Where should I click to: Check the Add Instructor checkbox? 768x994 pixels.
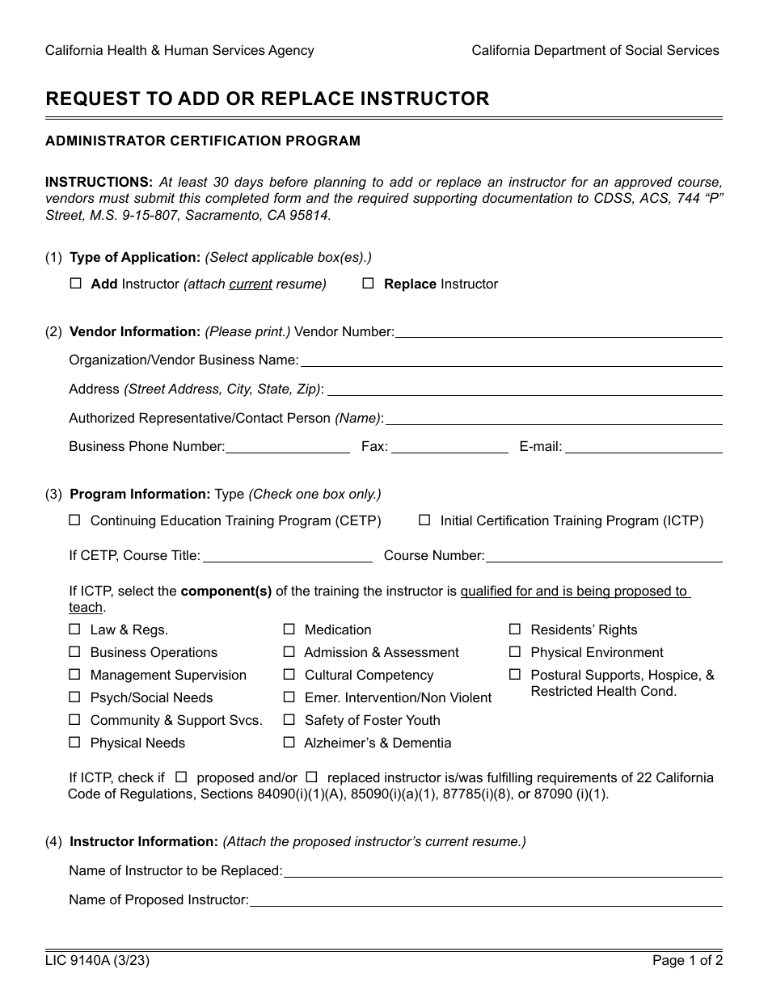(76, 284)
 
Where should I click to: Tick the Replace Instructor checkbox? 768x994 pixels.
(369, 284)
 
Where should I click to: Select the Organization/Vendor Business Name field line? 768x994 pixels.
(511, 361)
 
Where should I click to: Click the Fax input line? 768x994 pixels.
(449, 448)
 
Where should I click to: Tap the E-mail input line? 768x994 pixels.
(643, 448)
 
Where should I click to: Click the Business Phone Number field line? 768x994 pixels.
(288, 448)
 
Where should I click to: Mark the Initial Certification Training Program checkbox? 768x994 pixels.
(424, 520)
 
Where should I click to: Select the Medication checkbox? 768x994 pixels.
(289, 630)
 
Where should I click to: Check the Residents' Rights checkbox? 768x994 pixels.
(515, 630)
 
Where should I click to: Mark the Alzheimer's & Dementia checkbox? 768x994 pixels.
(289, 743)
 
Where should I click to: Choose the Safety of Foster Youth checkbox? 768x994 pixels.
(289, 720)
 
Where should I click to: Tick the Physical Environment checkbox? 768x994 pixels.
(515, 652)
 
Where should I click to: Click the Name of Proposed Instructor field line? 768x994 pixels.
(485, 901)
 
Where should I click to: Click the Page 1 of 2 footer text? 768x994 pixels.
(687, 961)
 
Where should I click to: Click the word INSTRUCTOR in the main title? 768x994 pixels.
(425, 99)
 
